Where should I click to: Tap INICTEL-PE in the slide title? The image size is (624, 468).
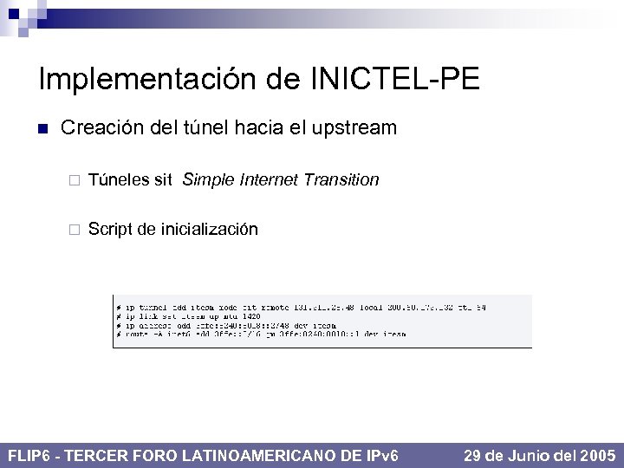pyautogui.click(x=393, y=80)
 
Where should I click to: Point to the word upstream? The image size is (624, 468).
pyautogui.click(x=351, y=129)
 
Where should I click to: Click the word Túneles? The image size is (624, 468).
pyautogui.click(x=118, y=180)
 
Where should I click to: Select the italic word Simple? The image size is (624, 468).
pyautogui.click(x=209, y=180)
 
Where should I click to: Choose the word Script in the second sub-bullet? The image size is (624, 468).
pyautogui.click(x=109, y=230)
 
